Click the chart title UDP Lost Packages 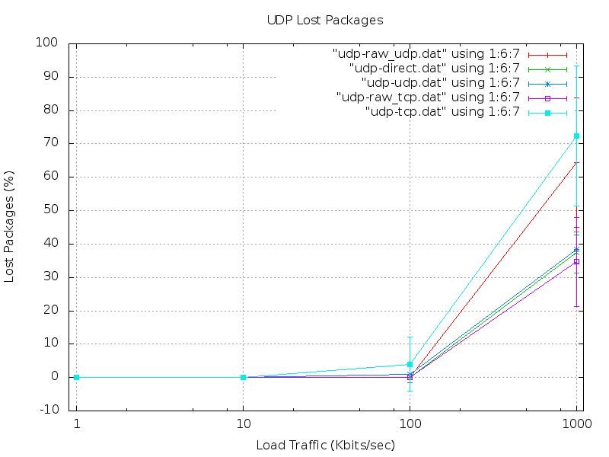[x=325, y=19]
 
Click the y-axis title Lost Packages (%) [x=10, y=228]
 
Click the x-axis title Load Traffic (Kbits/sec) [x=325, y=445]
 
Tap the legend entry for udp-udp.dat [x=440, y=83]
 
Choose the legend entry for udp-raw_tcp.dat [x=428, y=97]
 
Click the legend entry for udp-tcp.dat [x=442, y=112]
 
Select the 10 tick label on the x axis [x=243, y=424]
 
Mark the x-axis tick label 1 [x=76, y=424]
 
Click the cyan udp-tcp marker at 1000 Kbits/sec [x=576, y=136]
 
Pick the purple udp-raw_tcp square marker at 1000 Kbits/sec [x=576, y=262]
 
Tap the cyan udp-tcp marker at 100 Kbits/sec [x=410, y=364]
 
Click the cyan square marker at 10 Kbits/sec [x=243, y=377]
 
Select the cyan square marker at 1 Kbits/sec [x=76, y=377]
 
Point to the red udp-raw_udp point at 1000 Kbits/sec [x=576, y=162]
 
